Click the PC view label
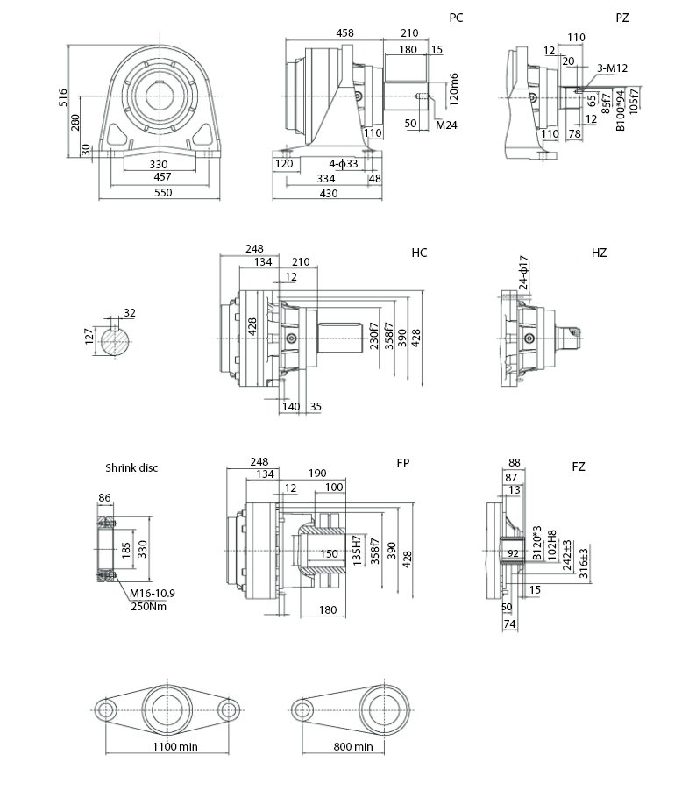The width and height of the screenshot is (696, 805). pyautogui.click(x=456, y=18)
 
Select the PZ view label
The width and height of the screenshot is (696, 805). pyautogui.click(x=622, y=18)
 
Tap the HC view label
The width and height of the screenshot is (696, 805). pyautogui.click(x=419, y=253)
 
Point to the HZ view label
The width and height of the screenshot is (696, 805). pyautogui.click(x=599, y=253)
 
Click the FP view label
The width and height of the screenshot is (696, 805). pyautogui.click(x=402, y=462)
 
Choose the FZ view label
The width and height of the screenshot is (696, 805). pyautogui.click(x=579, y=467)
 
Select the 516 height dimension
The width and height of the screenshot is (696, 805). pyautogui.click(x=62, y=97)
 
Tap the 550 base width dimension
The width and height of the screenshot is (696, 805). pyautogui.click(x=159, y=192)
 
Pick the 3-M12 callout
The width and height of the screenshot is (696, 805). pyautogui.click(x=611, y=68)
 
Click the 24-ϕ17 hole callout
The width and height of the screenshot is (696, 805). pyautogui.click(x=523, y=273)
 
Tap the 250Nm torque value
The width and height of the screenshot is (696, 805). pyautogui.click(x=147, y=606)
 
